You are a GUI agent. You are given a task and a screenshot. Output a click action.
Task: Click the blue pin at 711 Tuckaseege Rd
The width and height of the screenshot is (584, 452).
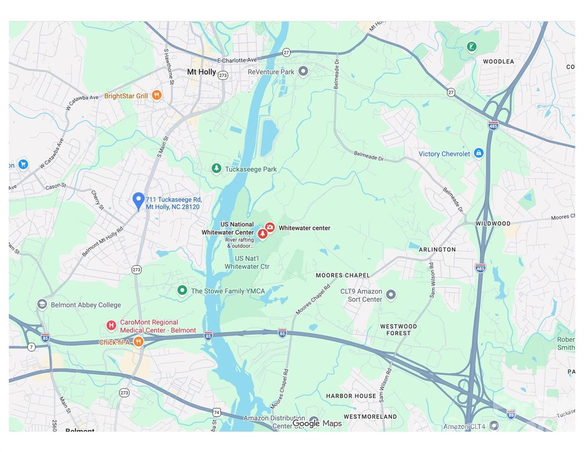(x=138, y=200)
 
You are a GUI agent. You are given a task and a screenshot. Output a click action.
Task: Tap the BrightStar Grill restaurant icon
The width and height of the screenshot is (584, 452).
(x=156, y=95)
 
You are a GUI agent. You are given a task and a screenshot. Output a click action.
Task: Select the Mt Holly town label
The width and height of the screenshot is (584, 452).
(x=202, y=72)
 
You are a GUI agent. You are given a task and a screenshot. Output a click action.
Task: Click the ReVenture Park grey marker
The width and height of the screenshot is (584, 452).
(x=303, y=71)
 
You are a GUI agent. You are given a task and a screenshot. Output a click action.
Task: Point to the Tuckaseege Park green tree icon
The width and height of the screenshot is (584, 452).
(x=216, y=169)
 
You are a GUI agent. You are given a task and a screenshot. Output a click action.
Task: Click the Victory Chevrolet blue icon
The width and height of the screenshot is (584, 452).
(x=478, y=153)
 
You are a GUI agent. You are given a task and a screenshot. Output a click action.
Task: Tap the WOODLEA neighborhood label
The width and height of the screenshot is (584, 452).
(x=498, y=61)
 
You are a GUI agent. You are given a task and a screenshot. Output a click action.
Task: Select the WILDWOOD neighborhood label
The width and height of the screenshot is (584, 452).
(x=492, y=223)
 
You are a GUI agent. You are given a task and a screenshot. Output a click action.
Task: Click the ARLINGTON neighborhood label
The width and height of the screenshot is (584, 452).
(x=437, y=249)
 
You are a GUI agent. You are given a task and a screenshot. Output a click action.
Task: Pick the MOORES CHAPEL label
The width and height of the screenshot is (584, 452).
(x=343, y=275)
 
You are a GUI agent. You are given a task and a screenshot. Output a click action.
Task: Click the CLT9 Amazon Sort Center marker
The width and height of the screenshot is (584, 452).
(x=391, y=294)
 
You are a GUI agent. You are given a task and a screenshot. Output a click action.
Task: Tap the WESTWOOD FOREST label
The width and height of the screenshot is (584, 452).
(x=398, y=330)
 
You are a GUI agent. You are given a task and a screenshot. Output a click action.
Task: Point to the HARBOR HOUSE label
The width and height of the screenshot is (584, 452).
(x=351, y=396)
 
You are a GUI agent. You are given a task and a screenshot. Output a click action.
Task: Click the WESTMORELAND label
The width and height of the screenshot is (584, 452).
(x=370, y=416)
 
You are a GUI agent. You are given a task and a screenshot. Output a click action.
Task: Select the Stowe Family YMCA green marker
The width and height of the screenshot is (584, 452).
(x=182, y=290)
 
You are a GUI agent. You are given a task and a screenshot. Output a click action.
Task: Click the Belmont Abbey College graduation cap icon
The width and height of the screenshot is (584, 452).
(x=42, y=304)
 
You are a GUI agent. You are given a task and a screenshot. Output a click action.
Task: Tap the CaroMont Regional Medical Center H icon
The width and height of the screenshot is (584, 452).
(x=111, y=325)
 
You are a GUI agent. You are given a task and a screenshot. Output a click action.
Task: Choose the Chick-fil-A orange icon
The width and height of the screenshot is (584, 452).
(x=138, y=342)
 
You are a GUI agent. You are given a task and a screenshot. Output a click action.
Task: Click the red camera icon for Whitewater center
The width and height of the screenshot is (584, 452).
(x=270, y=227)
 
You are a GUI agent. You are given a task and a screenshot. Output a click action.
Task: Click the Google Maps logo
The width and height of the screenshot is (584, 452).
(x=317, y=423)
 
